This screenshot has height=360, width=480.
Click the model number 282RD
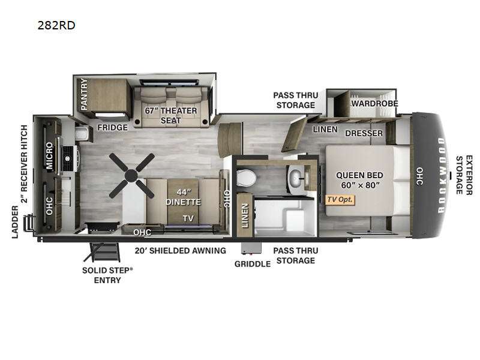pyautogui.click(x=56, y=25)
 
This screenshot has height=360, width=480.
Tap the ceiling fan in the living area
pyautogui.click(x=131, y=175)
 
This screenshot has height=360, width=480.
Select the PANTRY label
pyautogui.click(x=84, y=94)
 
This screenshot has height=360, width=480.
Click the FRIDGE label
pyautogui.click(x=113, y=127)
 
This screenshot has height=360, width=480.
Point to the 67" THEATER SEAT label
pyautogui.click(x=171, y=115)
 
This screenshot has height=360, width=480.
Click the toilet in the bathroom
pyautogui.click(x=246, y=178)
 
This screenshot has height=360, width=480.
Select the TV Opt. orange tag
pyautogui.click(x=340, y=200)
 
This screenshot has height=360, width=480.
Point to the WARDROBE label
pyautogui.click(x=374, y=103)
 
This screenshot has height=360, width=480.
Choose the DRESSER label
pyautogui.click(x=364, y=133)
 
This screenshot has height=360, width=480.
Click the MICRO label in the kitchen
pyautogui.click(x=49, y=155)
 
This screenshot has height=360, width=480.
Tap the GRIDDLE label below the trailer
pyautogui.click(x=253, y=264)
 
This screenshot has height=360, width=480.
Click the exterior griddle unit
pyautogui.click(x=251, y=248)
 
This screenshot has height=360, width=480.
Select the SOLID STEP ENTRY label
pyautogui.click(x=107, y=275)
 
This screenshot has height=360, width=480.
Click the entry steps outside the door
pyautogui.click(x=102, y=252)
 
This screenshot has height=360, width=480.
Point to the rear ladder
pyautogui.click(x=29, y=222)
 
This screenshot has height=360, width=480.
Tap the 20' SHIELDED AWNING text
pyautogui.click(x=181, y=251)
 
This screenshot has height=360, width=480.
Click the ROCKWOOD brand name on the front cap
pyautogui.click(x=442, y=175)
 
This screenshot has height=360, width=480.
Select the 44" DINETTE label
pyautogui.click(x=183, y=197)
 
